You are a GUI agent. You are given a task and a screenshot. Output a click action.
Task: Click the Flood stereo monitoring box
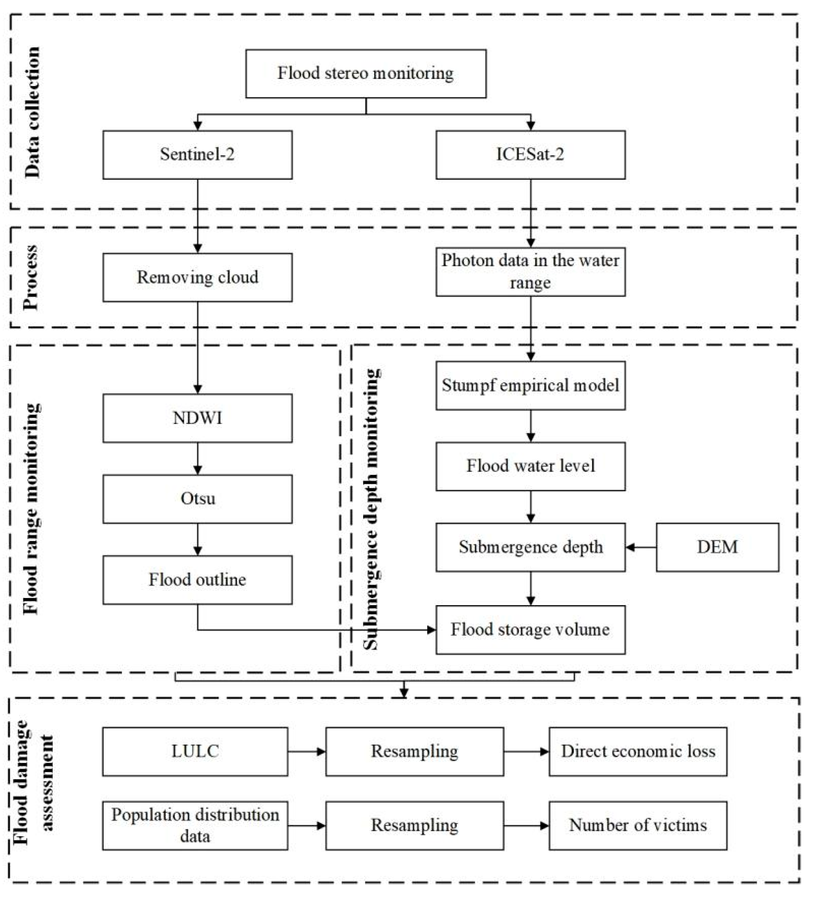click(x=366, y=74)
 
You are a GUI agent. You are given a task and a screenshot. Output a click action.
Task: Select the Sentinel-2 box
click(x=197, y=155)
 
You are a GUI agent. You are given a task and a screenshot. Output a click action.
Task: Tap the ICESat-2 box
click(x=530, y=155)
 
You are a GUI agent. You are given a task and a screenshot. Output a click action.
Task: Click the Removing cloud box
click(x=197, y=277)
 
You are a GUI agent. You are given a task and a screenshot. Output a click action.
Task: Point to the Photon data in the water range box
click(x=530, y=271)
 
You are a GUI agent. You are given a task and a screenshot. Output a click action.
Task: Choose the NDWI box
click(x=197, y=418)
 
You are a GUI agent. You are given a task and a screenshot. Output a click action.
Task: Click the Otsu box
click(x=197, y=498)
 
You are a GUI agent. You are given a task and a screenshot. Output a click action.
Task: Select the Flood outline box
click(x=197, y=579)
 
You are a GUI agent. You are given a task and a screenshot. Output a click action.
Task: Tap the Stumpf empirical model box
click(x=530, y=385)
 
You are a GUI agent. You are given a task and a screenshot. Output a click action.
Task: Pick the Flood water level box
click(x=530, y=466)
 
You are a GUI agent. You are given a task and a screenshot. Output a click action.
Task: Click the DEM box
click(x=717, y=547)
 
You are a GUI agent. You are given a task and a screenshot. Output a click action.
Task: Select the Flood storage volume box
click(x=530, y=630)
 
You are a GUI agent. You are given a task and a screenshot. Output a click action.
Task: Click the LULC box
click(x=195, y=751)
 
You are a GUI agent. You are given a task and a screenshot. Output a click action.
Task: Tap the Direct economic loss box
click(x=638, y=751)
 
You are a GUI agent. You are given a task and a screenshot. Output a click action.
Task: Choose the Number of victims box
click(x=638, y=825)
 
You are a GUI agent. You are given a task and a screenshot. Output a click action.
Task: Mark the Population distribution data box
click(x=195, y=825)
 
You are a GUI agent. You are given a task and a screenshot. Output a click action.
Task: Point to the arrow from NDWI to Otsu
click(x=198, y=458)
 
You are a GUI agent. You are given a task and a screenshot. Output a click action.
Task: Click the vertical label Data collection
click(x=32, y=112)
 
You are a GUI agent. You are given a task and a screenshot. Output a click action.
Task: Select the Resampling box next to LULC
click(x=415, y=751)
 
